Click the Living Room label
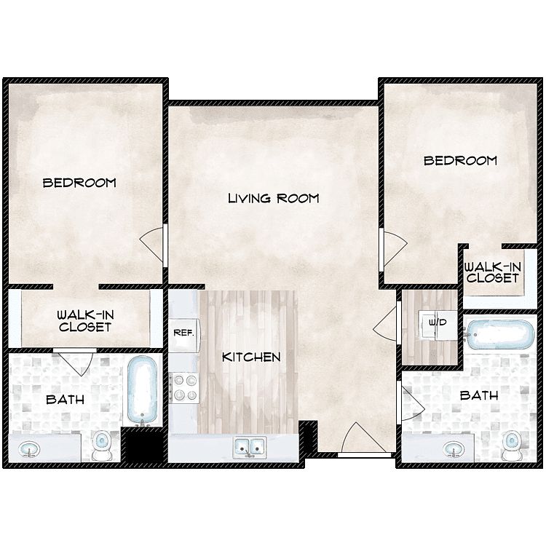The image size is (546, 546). click(273, 198)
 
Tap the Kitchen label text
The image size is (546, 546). click(251, 357)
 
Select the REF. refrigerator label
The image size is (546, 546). click(183, 333)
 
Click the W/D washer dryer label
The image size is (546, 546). click(438, 323)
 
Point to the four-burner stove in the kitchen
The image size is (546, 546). click(185, 388)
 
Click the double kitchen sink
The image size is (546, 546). click(249, 447)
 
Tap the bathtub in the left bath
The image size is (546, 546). click(142, 391)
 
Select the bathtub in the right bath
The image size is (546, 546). click(500, 334)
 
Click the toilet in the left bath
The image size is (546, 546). click(101, 446)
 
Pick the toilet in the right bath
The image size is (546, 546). click(512, 446)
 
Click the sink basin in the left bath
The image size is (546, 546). click(29, 449)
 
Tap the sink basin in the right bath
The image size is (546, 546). click(454, 449)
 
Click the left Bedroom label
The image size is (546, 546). click(79, 183)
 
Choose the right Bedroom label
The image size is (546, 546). click(460, 161)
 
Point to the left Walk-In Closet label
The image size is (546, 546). click(85, 321)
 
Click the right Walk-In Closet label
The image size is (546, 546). click(493, 272)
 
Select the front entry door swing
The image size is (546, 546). click(358, 438)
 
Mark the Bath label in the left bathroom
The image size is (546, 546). click(65, 399)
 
